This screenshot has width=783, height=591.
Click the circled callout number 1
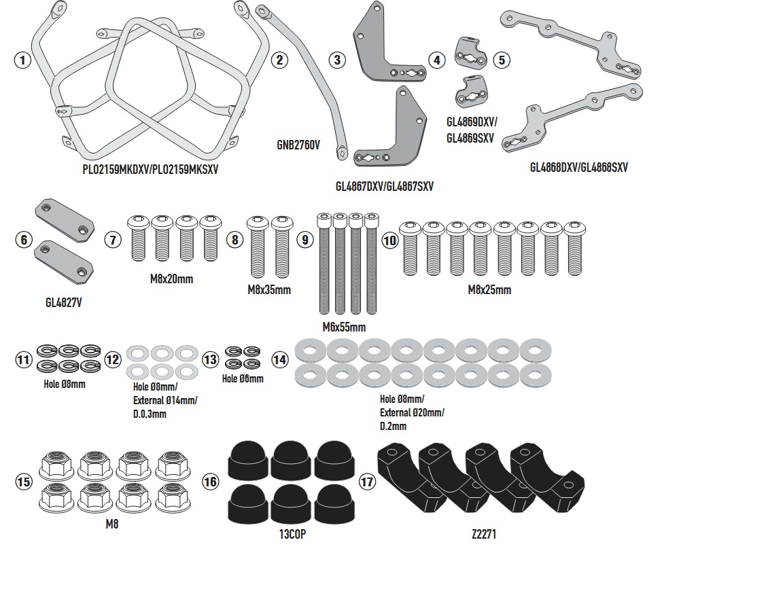click(x=23, y=60)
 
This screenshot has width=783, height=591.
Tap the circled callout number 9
click(x=305, y=239)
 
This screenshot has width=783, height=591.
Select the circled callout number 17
click(x=367, y=482)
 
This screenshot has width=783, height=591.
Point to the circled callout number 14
click(x=279, y=359)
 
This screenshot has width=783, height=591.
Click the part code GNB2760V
click(x=298, y=145)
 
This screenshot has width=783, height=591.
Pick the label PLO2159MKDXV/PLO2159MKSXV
click(x=150, y=169)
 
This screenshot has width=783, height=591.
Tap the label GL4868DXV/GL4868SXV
click(x=578, y=167)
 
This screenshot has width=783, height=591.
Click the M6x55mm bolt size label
click(x=344, y=327)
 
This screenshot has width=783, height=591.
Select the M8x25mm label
click(x=489, y=290)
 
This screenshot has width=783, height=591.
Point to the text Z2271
click(x=484, y=535)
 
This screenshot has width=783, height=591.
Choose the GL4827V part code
click(x=63, y=302)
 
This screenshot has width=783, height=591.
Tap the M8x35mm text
click(x=269, y=290)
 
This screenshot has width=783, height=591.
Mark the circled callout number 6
click(x=23, y=239)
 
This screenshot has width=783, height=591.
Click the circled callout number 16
click(x=211, y=482)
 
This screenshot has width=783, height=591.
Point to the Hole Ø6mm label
click(x=243, y=378)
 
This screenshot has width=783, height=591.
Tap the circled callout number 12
click(x=113, y=359)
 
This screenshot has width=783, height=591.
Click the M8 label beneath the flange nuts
click(x=112, y=524)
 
